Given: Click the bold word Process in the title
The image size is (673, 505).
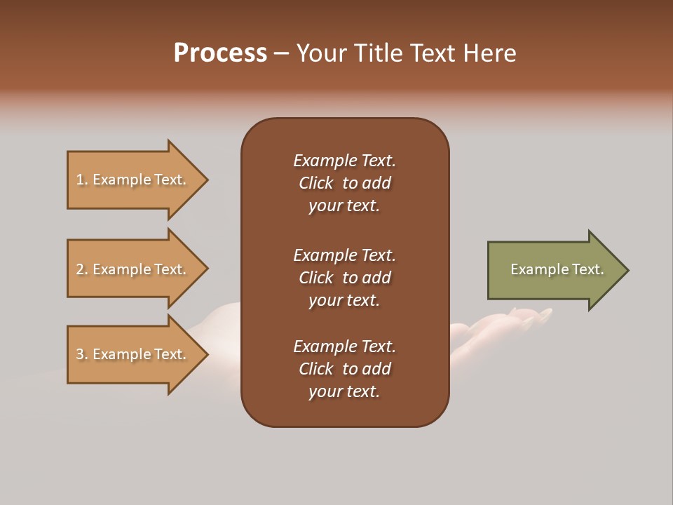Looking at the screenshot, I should coord(220,53).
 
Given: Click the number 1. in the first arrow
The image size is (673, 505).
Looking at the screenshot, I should coord(82,180).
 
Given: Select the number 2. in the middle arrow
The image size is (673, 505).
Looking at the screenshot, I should coord(82,269).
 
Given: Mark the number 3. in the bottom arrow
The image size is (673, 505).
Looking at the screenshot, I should coord(82,354).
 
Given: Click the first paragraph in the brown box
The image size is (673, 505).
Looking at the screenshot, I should coord(344,183).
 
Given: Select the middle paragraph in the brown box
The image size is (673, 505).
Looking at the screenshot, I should coord(344,278).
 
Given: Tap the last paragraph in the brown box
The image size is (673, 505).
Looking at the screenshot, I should coord(344,369).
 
